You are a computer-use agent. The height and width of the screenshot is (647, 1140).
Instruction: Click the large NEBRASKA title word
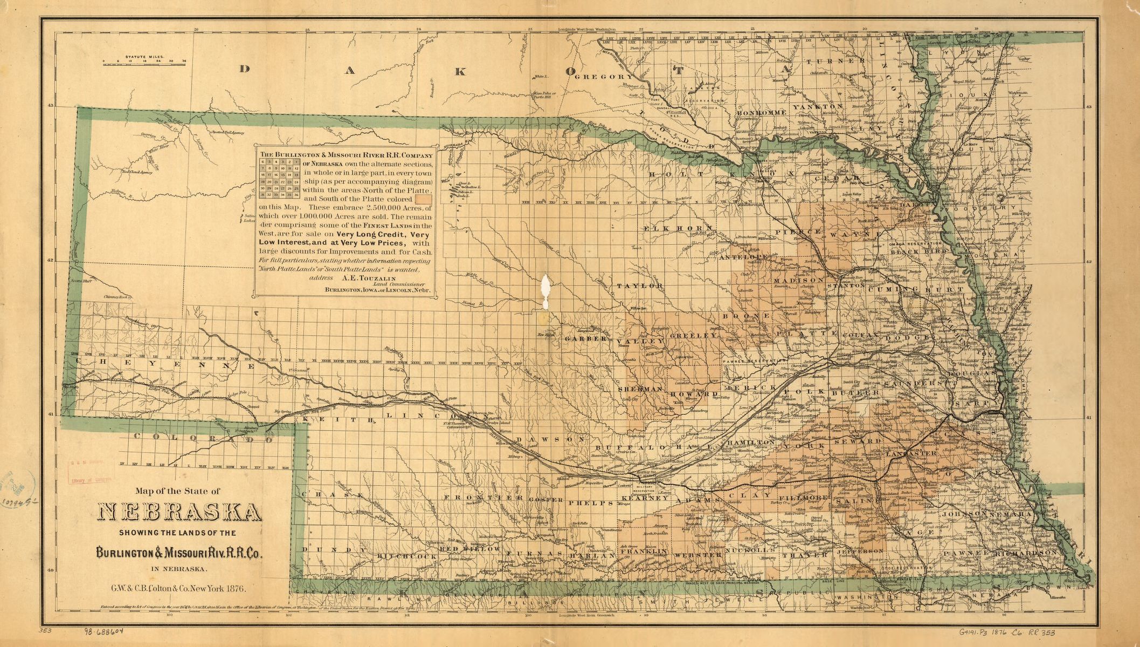[179, 513]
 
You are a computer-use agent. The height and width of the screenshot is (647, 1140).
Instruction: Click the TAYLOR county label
[640, 285]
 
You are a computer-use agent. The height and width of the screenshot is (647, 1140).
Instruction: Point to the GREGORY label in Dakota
[604, 77]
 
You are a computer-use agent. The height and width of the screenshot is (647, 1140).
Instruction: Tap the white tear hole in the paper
[546, 291]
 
